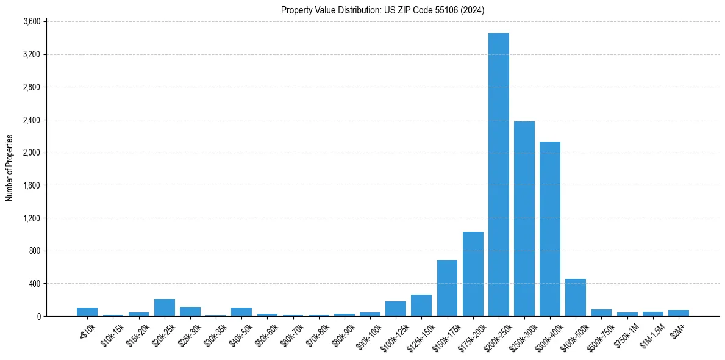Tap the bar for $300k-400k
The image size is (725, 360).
tap(550, 229)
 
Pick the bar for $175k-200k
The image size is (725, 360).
tap(473, 274)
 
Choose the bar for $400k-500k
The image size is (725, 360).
tap(576, 298)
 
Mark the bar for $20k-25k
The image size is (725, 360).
tap(165, 308)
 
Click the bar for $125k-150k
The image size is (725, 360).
tap(421, 306)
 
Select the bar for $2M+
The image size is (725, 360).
tap(678, 313)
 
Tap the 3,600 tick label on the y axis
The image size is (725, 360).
tap(31, 21)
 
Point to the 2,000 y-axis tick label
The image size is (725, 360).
tap(31, 153)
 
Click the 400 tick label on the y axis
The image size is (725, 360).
tap(34, 284)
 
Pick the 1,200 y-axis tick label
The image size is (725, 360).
tap(31, 218)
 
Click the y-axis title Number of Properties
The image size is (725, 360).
tap(10, 168)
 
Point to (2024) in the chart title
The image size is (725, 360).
tap(473, 10)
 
